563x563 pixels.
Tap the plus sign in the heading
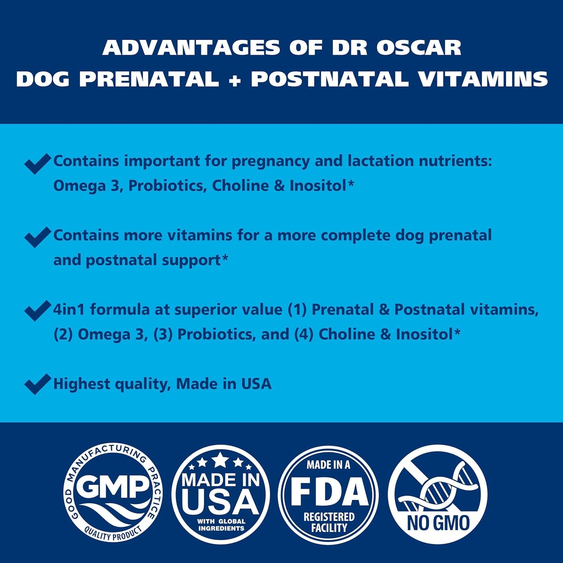(235, 80)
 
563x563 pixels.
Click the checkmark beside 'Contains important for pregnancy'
(37, 163)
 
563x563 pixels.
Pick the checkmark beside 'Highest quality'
(37, 384)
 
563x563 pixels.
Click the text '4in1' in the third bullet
(69, 310)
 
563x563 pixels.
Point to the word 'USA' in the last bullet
(256, 384)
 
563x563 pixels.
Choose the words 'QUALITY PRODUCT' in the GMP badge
(113, 534)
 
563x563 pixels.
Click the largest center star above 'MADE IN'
(221, 460)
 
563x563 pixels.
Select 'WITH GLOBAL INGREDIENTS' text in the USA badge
(221, 525)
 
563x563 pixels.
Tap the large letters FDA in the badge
(329, 492)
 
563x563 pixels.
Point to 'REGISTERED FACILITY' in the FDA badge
(329, 522)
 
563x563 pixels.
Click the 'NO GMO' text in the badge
(438, 523)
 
